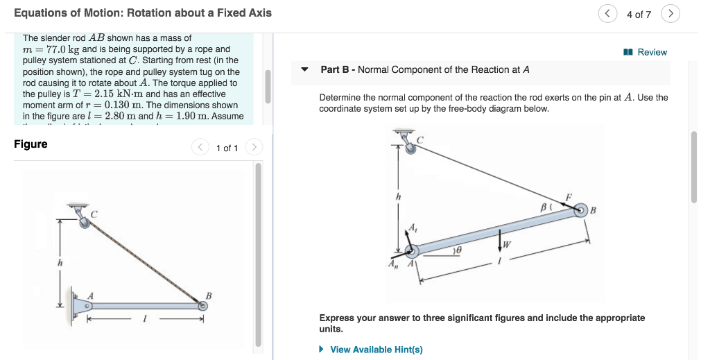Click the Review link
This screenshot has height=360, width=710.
pos(646,52)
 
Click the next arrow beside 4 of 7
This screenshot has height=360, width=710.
pos(670,14)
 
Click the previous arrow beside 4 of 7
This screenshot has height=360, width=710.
pos(608,14)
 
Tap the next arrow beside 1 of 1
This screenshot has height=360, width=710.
pos(254,147)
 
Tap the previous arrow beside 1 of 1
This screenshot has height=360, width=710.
pos(200,147)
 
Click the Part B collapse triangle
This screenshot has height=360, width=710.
pos(304,69)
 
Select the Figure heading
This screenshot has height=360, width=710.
pos(31,144)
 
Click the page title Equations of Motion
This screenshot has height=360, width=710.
pos(143,12)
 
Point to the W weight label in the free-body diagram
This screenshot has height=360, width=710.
pos(508,243)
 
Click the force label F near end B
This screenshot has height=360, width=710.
pos(569,197)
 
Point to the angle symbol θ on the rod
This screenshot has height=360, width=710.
pos(458,248)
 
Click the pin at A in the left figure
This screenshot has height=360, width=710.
pos(88,305)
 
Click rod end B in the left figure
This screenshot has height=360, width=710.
pos(202,305)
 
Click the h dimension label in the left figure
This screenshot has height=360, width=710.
pos(60,262)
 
